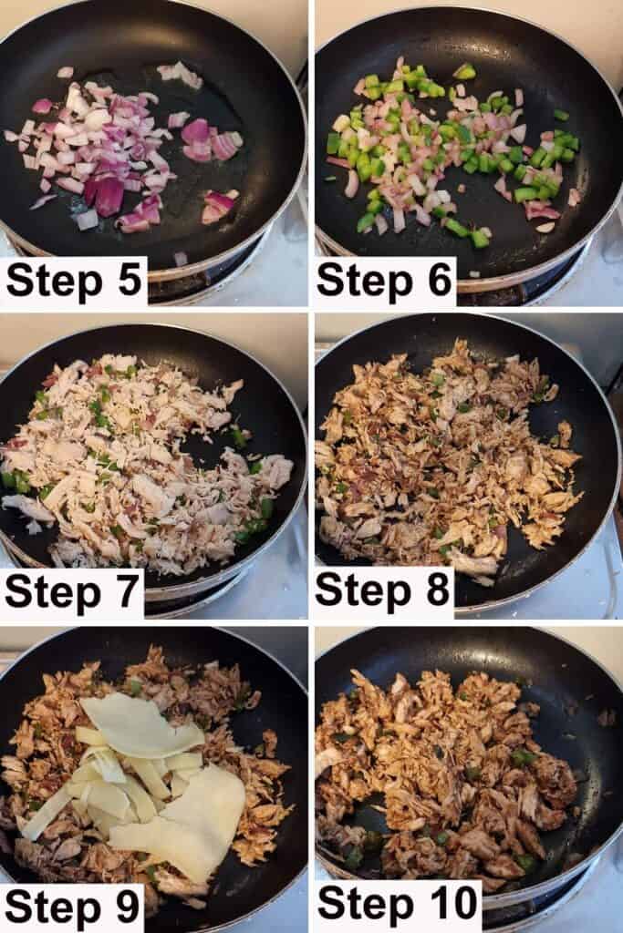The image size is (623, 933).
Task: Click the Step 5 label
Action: click(x=74, y=280)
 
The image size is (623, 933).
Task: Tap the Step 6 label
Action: click(x=384, y=280)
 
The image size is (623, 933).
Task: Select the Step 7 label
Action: click(x=72, y=592)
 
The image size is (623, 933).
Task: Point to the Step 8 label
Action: click(x=382, y=590)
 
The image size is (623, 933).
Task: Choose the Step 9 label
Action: click(x=73, y=907)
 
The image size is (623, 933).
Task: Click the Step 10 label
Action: click(x=399, y=903)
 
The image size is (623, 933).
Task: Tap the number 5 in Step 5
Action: click(x=130, y=280)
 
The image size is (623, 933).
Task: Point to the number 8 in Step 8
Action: click(x=438, y=590)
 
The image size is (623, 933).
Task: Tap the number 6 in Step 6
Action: click(x=440, y=280)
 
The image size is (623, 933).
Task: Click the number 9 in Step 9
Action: click(x=128, y=907)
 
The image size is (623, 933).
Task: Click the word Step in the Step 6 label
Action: click(x=365, y=281)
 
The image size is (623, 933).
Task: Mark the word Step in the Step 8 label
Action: click(x=363, y=591)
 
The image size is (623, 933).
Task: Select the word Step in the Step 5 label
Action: click(x=54, y=281)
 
